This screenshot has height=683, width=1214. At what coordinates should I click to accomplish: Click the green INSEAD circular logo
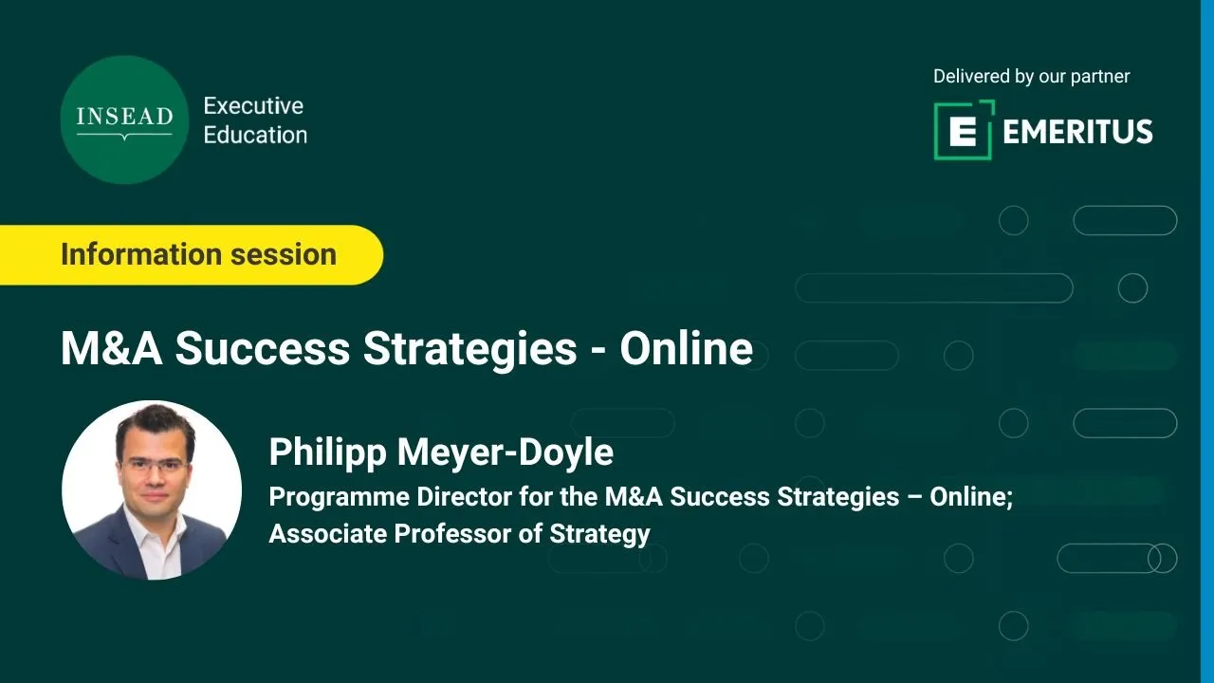point(124,120)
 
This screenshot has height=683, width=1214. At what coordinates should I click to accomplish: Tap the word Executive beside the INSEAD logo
point(253,105)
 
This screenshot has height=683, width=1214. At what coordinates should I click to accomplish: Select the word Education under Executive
point(255,135)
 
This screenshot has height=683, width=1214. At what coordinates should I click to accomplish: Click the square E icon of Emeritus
point(965,130)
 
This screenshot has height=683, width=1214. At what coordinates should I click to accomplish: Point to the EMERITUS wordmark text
point(1077,132)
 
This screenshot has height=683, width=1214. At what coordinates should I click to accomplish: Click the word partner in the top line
point(1099,77)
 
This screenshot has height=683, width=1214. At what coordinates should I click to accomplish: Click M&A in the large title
point(112,348)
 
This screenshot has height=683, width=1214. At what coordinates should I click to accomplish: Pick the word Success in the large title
point(263,348)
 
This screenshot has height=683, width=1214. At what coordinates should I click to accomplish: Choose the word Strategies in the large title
point(469,351)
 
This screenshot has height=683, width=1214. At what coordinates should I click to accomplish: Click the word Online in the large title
point(686,348)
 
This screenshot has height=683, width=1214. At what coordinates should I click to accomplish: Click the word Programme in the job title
point(337,498)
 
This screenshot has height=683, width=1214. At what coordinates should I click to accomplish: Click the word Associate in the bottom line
point(327,533)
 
